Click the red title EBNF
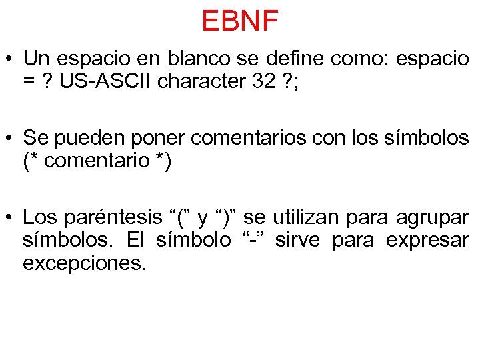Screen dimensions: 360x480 tap(239, 21)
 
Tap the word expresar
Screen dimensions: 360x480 tap(428, 240)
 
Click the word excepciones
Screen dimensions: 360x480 tap(83, 263)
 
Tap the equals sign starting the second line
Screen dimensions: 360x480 tap(28, 81)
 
